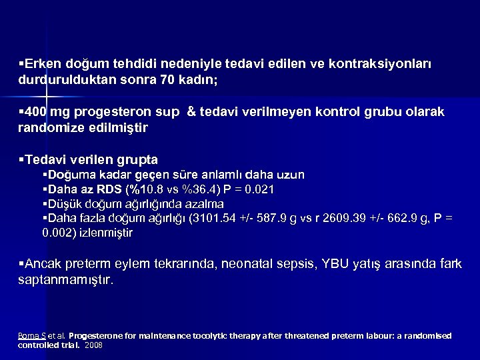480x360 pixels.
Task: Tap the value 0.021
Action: pyautogui.click(x=259, y=189)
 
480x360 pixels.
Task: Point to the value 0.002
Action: pyautogui.click(x=58, y=233)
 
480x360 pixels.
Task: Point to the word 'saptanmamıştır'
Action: pyautogui.click(x=65, y=280)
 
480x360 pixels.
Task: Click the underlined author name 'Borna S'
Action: pyautogui.click(x=31, y=335)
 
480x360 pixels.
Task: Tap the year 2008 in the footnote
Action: pyautogui.click(x=94, y=346)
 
